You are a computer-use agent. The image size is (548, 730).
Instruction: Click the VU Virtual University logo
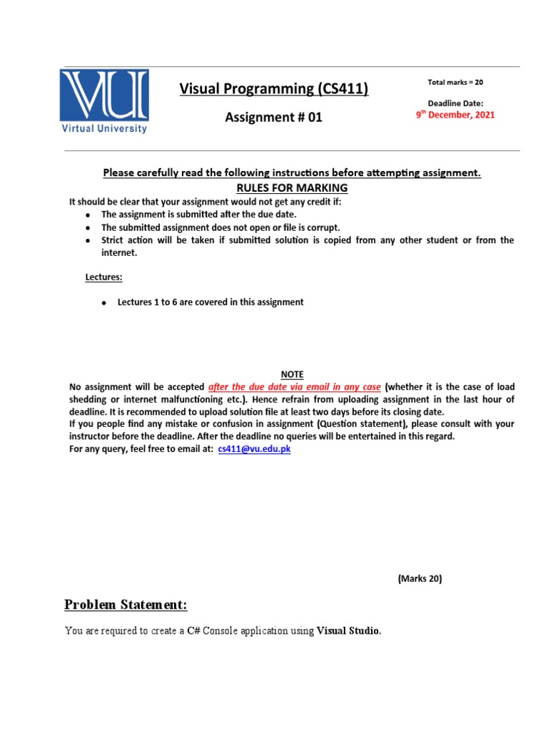[x=104, y=101]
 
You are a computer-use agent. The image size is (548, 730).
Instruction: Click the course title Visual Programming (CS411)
[x=274, y=88]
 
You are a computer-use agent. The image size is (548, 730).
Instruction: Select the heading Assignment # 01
[x=274, y=118]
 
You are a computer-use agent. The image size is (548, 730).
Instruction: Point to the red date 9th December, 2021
[x=455, y=115]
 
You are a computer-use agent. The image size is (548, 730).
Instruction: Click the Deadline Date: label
[x=455, y=103]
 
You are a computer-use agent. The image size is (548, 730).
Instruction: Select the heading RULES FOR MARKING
[x=292, y=188]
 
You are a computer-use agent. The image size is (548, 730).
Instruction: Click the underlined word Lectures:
[x=104, y=276]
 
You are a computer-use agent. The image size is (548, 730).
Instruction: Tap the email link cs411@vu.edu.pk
[x=254, y=449]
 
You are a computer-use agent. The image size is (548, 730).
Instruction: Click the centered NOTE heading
[x=292, y=374]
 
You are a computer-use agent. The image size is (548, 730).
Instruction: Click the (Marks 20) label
[x=420, y=579]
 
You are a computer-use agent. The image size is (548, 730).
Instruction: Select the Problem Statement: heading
[x=126, y=605]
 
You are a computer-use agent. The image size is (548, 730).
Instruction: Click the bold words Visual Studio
[x=348, y=631]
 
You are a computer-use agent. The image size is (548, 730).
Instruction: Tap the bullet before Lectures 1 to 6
[x=103, y=303]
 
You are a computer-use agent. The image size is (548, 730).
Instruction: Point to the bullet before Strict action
[x=87, y=241]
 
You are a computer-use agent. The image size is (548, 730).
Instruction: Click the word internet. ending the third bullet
[x=118, y=253]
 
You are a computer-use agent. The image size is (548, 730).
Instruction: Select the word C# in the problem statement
[x=193, y=631]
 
